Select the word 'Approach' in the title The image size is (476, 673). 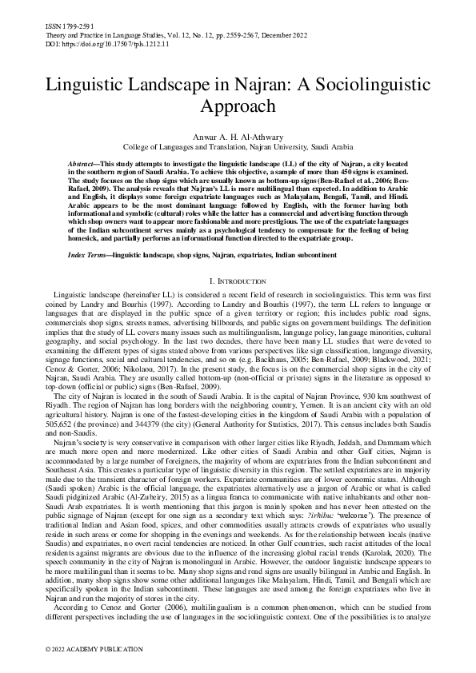click(238, 106)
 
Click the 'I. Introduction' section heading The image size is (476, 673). click(238, 281)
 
